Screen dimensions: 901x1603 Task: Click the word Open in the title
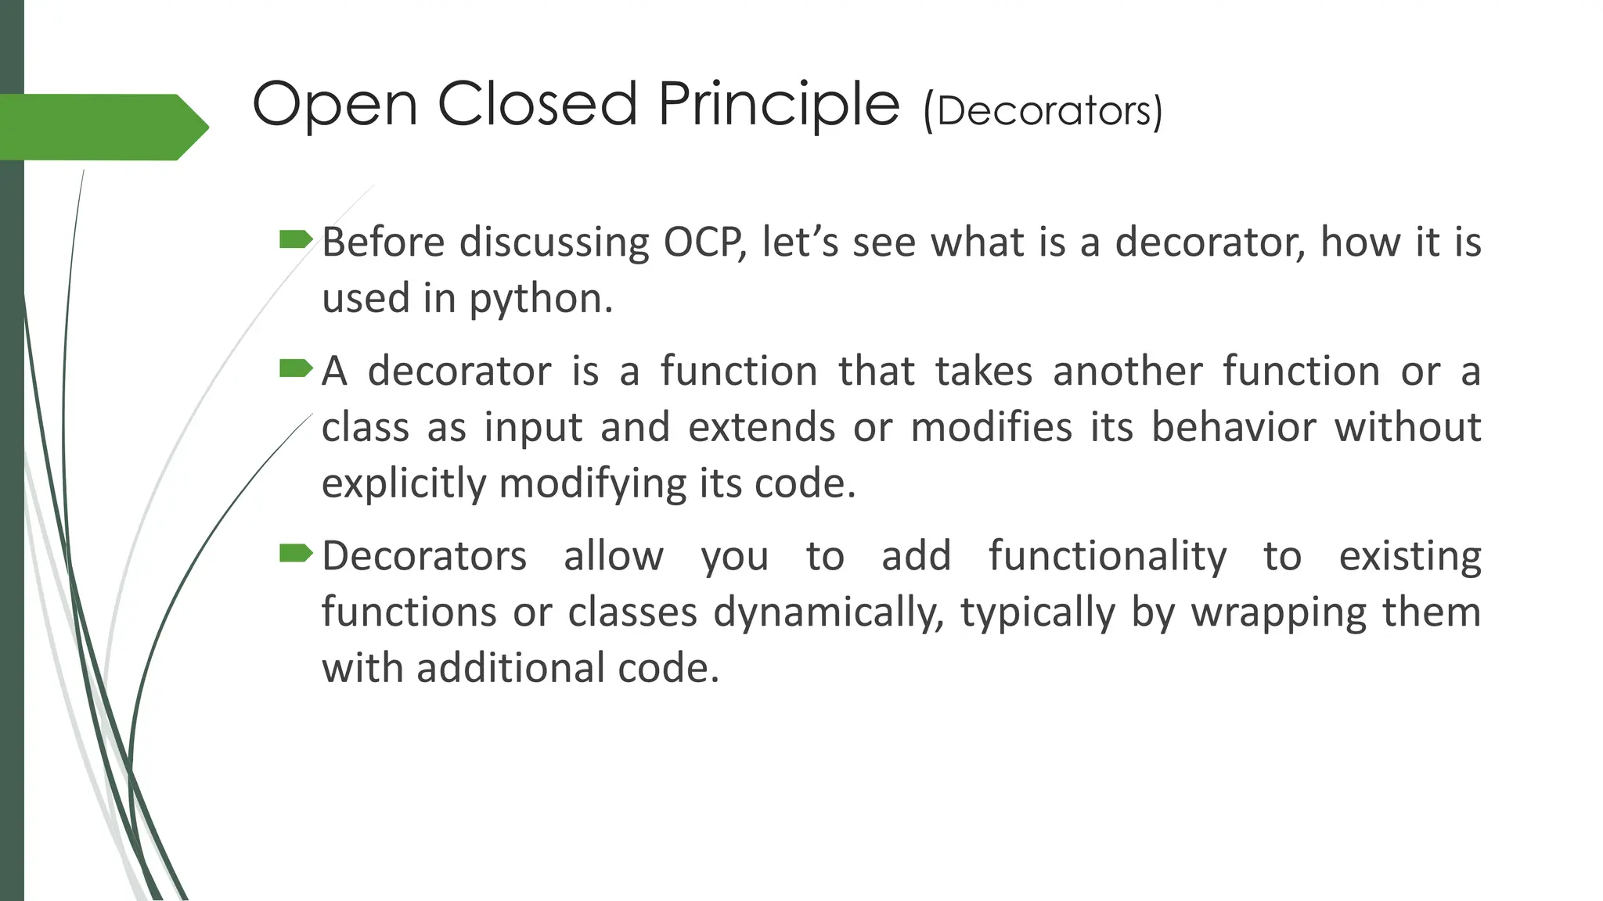point(334,106)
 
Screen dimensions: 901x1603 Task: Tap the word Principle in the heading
point(779,106)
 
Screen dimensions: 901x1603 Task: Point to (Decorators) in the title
point(1043,111)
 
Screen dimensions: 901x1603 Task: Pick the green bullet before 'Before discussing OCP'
point(295,239)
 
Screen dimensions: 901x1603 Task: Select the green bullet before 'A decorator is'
point(295,368)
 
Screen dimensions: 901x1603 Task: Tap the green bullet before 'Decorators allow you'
point(295,553)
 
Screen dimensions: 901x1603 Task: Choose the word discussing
point(554,242)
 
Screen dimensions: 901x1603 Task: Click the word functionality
point(1107,557)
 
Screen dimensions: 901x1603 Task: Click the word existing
point(1410,557)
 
